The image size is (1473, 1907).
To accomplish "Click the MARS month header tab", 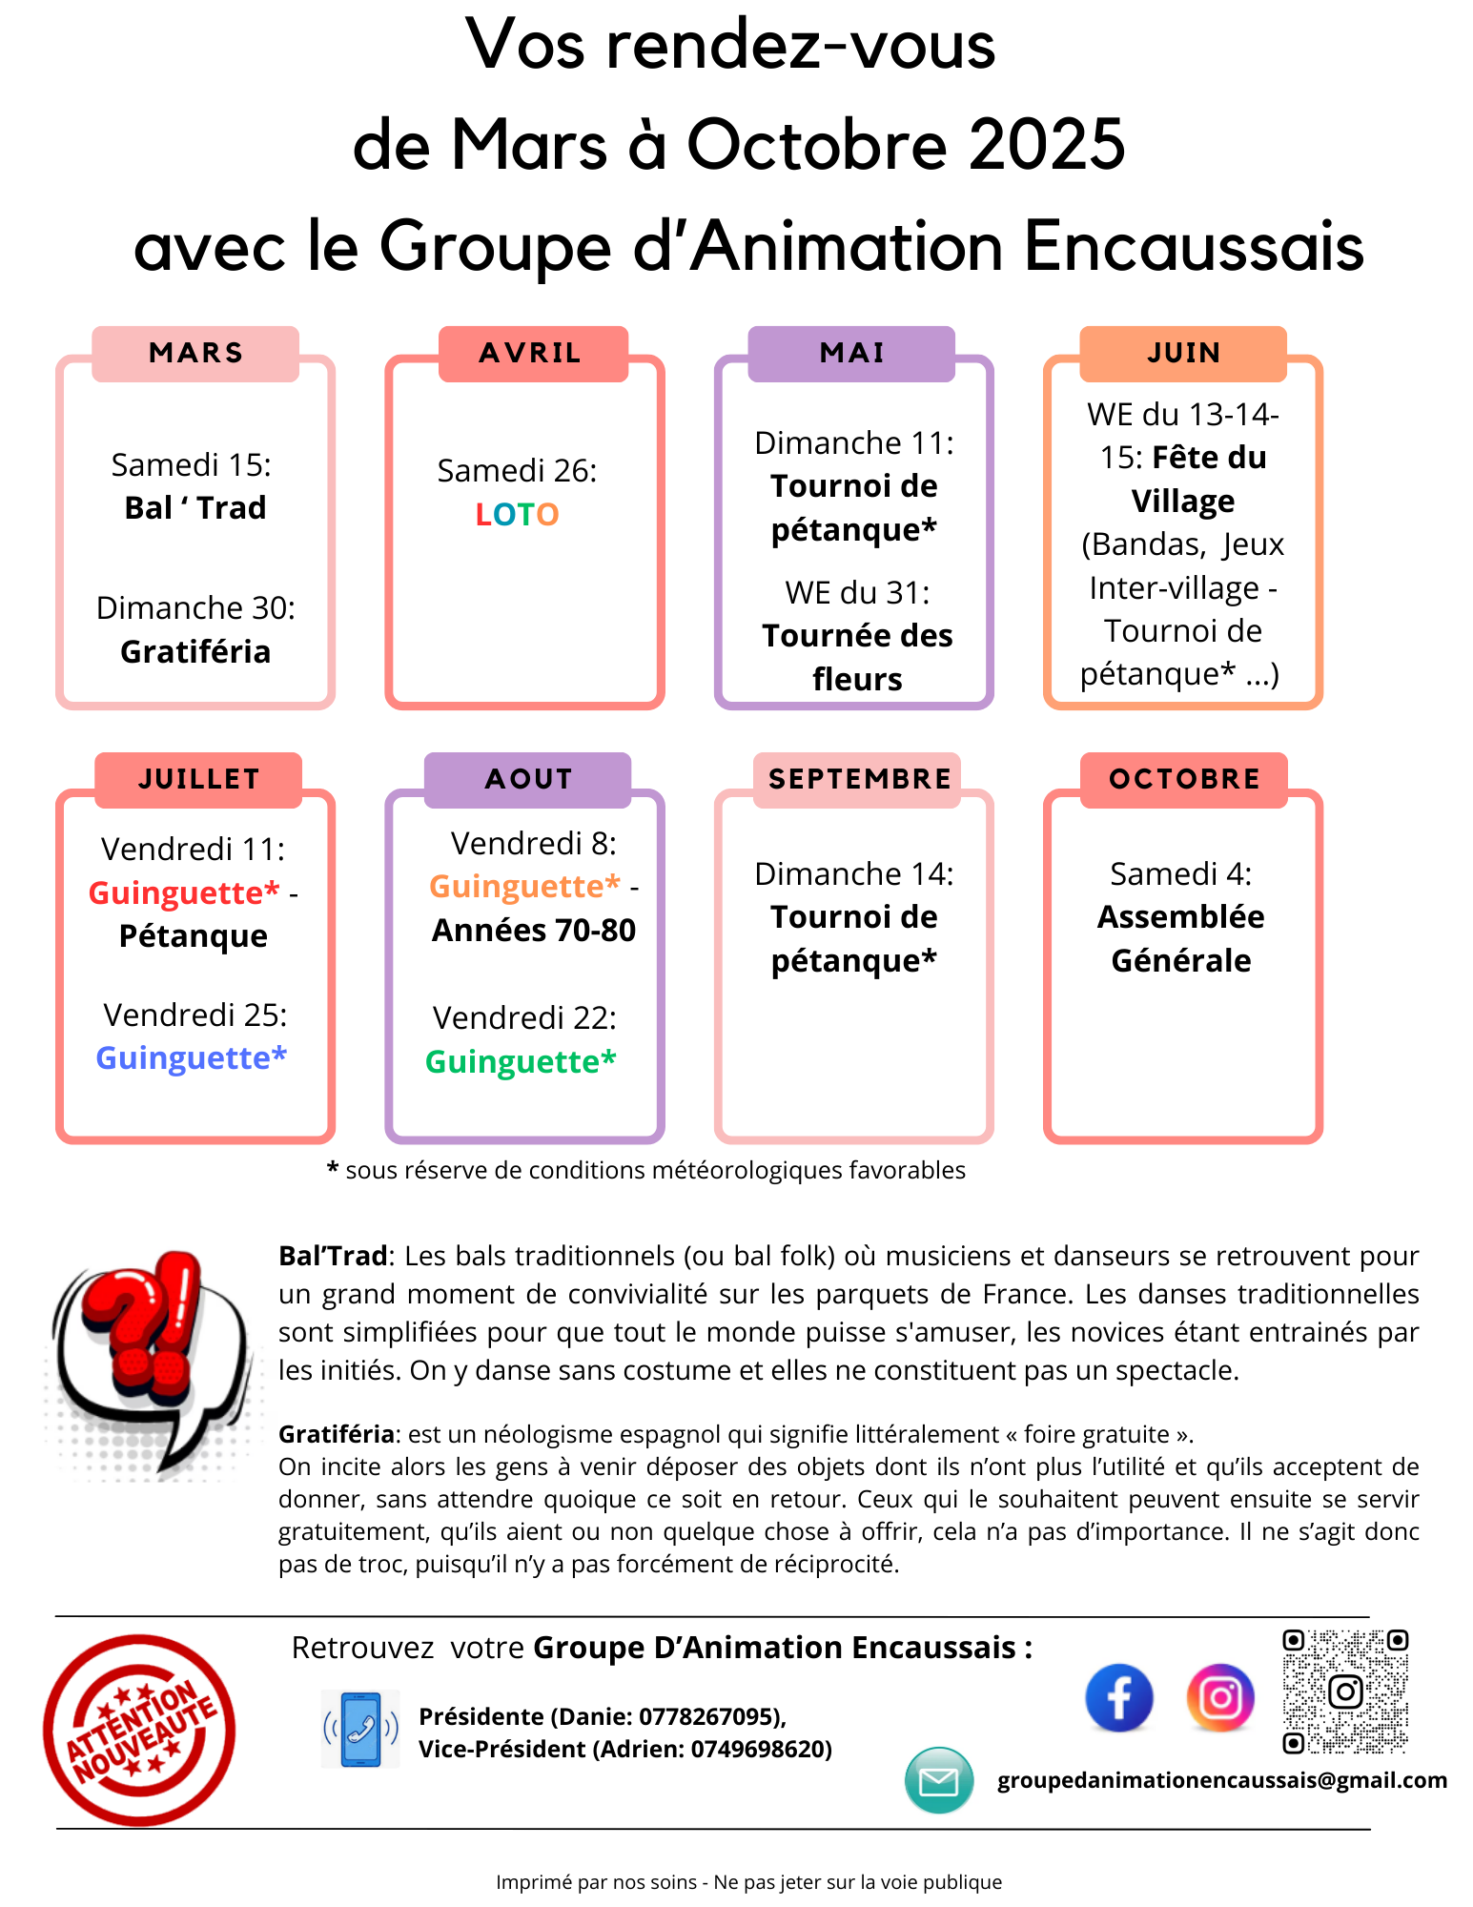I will tap(195, 354).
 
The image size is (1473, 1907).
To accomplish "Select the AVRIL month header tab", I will tap(532, 354).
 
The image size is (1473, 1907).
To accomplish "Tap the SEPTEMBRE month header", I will tap(859, 780).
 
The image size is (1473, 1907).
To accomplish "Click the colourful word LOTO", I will tap(517, 515).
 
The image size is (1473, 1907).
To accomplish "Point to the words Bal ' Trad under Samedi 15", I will tap(195, 508).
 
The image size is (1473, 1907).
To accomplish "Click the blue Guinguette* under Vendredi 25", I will tap(192, 1058).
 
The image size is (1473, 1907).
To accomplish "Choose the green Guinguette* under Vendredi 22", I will tap(521, 1061).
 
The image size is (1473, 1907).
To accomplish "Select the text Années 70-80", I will tap(533, 931).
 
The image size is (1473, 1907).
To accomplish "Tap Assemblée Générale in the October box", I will tap(1180, 938).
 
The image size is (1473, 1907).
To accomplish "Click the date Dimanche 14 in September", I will tap(853, 874).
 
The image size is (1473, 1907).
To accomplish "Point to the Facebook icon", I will tap(1118, 1698).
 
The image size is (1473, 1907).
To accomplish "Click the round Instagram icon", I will tap(1220, 1698).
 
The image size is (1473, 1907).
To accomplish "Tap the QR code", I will tap(1344, 1692).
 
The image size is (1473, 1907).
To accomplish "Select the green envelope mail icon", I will tap(939, 1780).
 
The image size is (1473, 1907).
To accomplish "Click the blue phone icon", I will tap(360, 1729).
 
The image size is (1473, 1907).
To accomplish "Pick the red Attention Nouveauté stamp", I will tap(140, 1730).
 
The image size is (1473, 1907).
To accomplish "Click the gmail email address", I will tap(1221, 1780).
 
